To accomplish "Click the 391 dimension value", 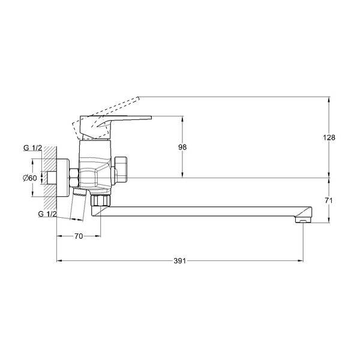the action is [x=179, y=261].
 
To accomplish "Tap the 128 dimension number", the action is [x=329, y=137].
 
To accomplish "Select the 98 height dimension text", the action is [x=182, y=147].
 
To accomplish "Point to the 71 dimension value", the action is [x=329, y=200].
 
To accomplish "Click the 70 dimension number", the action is [x=79, y=236].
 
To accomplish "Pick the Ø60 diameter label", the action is [x=30, y=178].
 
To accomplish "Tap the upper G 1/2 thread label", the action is [x=32, y=148].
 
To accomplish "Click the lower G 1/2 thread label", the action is [x=47, y=214].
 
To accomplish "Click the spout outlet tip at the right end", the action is [x=303, y=221].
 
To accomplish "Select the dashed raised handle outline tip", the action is [x=138, y=98].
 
